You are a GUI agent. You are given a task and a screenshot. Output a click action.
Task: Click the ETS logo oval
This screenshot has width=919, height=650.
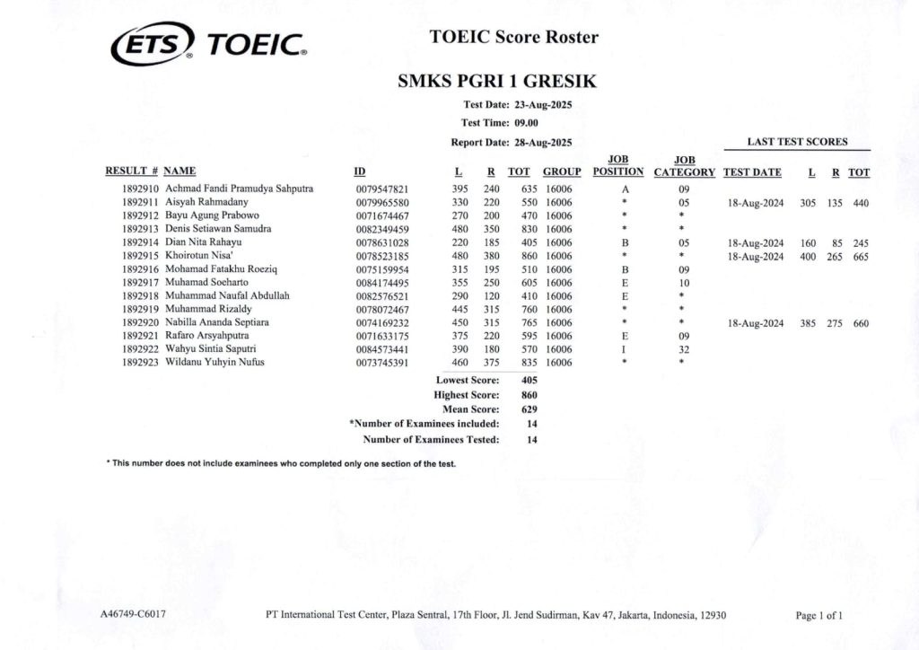[x=151, y=41]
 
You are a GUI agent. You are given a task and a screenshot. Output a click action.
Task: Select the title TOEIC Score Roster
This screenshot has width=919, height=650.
[x=513, y=37]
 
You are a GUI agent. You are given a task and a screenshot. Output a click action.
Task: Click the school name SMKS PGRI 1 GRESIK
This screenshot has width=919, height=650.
[x=497, y=82]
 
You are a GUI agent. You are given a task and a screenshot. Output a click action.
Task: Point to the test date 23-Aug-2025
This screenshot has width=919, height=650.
[x=543, y=105]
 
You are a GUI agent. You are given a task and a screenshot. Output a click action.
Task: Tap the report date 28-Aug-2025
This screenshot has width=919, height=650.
[x=543, y=142]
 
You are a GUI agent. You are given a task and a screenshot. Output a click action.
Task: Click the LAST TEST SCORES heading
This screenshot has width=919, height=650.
[x=797, y=142]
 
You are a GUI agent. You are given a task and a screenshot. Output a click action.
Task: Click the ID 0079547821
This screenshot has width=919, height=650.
[x=382, y=189]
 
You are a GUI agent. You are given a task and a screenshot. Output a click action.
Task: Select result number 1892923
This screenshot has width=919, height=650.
[x=140, y=362]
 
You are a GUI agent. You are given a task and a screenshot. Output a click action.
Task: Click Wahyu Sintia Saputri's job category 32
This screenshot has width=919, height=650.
[x=683, y=349]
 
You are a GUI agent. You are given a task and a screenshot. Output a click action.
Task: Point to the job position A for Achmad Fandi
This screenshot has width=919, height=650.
[x=625, y=189]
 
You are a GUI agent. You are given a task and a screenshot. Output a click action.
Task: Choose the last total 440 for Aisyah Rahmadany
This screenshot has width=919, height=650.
[x=861, y=203]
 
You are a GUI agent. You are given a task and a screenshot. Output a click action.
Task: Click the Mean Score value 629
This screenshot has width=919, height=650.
[x=529, y=408]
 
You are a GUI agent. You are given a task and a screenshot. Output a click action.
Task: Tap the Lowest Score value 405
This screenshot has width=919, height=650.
[x=529, y=380]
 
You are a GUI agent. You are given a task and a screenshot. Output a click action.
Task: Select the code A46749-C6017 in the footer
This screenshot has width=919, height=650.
[x=133, y=615]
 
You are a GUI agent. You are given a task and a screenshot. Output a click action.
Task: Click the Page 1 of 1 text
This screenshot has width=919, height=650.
[x=818, y=615]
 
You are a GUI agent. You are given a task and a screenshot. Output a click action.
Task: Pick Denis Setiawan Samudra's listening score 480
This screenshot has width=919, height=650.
[x=460, y=229]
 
